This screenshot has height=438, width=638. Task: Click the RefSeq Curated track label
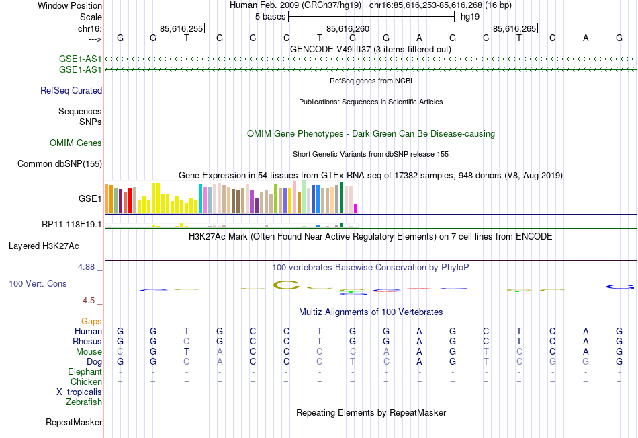click(71, 90)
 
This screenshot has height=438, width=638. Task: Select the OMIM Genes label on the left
click(76, 143)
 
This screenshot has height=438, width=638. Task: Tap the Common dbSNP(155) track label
click(60, 163)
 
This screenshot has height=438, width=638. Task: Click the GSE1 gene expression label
click(90, 199)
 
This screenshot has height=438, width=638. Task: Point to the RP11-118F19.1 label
click(71, 224)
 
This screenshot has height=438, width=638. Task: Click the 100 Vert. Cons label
click(38, 284)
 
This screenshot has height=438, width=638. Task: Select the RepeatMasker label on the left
click(74, 423)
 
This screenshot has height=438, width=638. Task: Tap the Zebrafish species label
click(84, 402)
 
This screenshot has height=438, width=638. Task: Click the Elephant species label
click(85, 371)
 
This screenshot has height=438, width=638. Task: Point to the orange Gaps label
click(91, 322)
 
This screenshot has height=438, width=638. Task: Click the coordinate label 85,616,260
click(348, 28)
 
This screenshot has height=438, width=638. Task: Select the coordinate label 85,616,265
click(514, 28)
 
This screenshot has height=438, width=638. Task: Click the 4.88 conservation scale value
click(89, 267)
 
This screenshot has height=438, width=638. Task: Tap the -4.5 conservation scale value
click(89, 301)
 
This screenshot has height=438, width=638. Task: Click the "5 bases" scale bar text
click(270, 16)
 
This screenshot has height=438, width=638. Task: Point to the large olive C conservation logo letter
click(286, 285)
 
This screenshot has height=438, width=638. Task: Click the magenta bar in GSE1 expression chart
click(356, 209)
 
